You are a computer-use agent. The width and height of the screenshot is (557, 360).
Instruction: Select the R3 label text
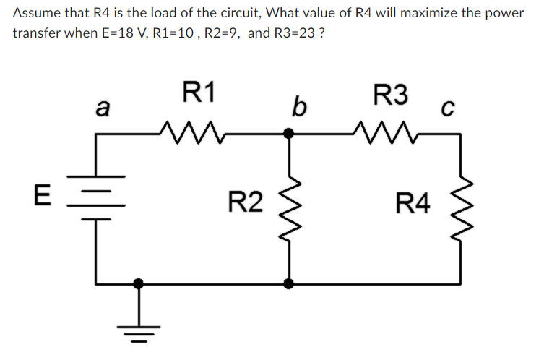(x=390, y=93)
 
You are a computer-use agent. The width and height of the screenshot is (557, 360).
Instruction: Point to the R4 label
(x=414, y=204)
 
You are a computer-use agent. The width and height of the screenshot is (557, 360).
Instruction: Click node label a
(x=103, y=109)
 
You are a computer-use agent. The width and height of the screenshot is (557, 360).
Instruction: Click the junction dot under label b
(x=289, y=133)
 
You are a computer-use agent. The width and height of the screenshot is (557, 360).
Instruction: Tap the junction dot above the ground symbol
(x=139, y=283)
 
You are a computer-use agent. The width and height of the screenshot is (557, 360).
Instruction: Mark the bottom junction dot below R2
(x=289, y=283)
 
